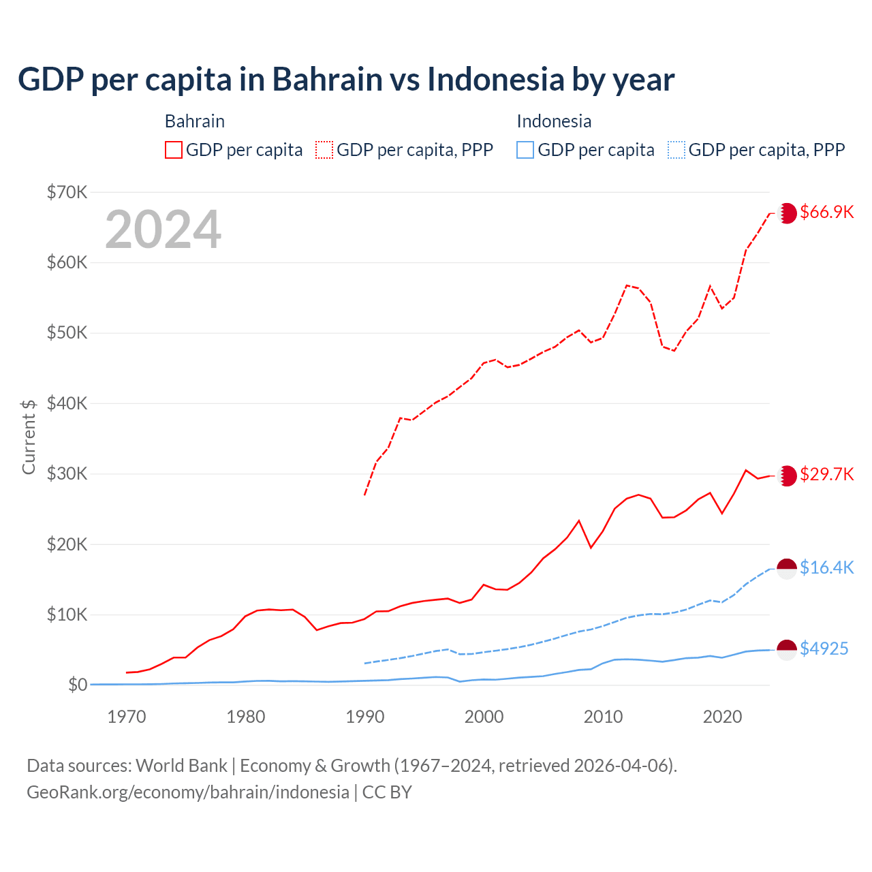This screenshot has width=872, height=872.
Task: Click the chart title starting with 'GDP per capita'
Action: [346, 80]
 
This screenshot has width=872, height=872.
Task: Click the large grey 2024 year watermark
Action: [163, 230]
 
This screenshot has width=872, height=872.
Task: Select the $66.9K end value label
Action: [826, 212]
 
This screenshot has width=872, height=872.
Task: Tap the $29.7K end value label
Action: [826, 474]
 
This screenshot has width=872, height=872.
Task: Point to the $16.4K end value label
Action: [826, 567]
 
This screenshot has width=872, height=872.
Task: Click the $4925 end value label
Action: [824, 649]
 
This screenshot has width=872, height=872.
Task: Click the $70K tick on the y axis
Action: [67, 192]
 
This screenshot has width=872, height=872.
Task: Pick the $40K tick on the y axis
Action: [67, 403]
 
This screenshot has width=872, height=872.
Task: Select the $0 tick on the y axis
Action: [78, 685]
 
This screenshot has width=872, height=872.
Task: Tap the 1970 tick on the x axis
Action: [127, 717]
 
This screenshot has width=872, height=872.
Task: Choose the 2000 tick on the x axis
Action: [484, 717]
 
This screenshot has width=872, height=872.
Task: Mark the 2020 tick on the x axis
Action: [722, 717]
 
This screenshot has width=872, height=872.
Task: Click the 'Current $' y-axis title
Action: [29, 437]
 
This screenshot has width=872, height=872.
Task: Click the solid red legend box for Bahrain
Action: [174, 150]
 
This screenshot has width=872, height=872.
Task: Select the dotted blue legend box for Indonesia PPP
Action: [676, 150]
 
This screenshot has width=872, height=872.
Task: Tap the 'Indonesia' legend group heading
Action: [554, 121]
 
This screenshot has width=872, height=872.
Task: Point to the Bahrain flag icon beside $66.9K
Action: [787, 213]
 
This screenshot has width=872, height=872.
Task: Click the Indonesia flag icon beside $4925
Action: [787, 649]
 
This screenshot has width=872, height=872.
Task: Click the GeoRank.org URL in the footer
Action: [188, 792]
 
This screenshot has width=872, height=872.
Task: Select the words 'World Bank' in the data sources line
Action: [181, 766]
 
